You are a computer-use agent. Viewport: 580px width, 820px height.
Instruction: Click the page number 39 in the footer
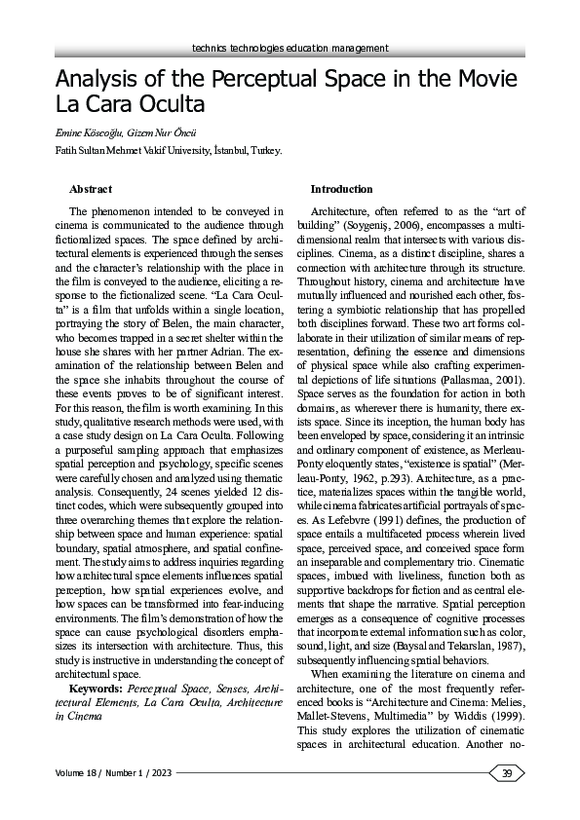507,773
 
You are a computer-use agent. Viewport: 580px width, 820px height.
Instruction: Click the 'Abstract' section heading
91,188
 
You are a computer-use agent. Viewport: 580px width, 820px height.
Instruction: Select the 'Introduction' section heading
341,188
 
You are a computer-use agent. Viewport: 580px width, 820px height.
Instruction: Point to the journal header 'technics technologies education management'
290,48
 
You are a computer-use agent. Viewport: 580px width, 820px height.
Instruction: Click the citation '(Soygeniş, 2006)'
372,223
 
